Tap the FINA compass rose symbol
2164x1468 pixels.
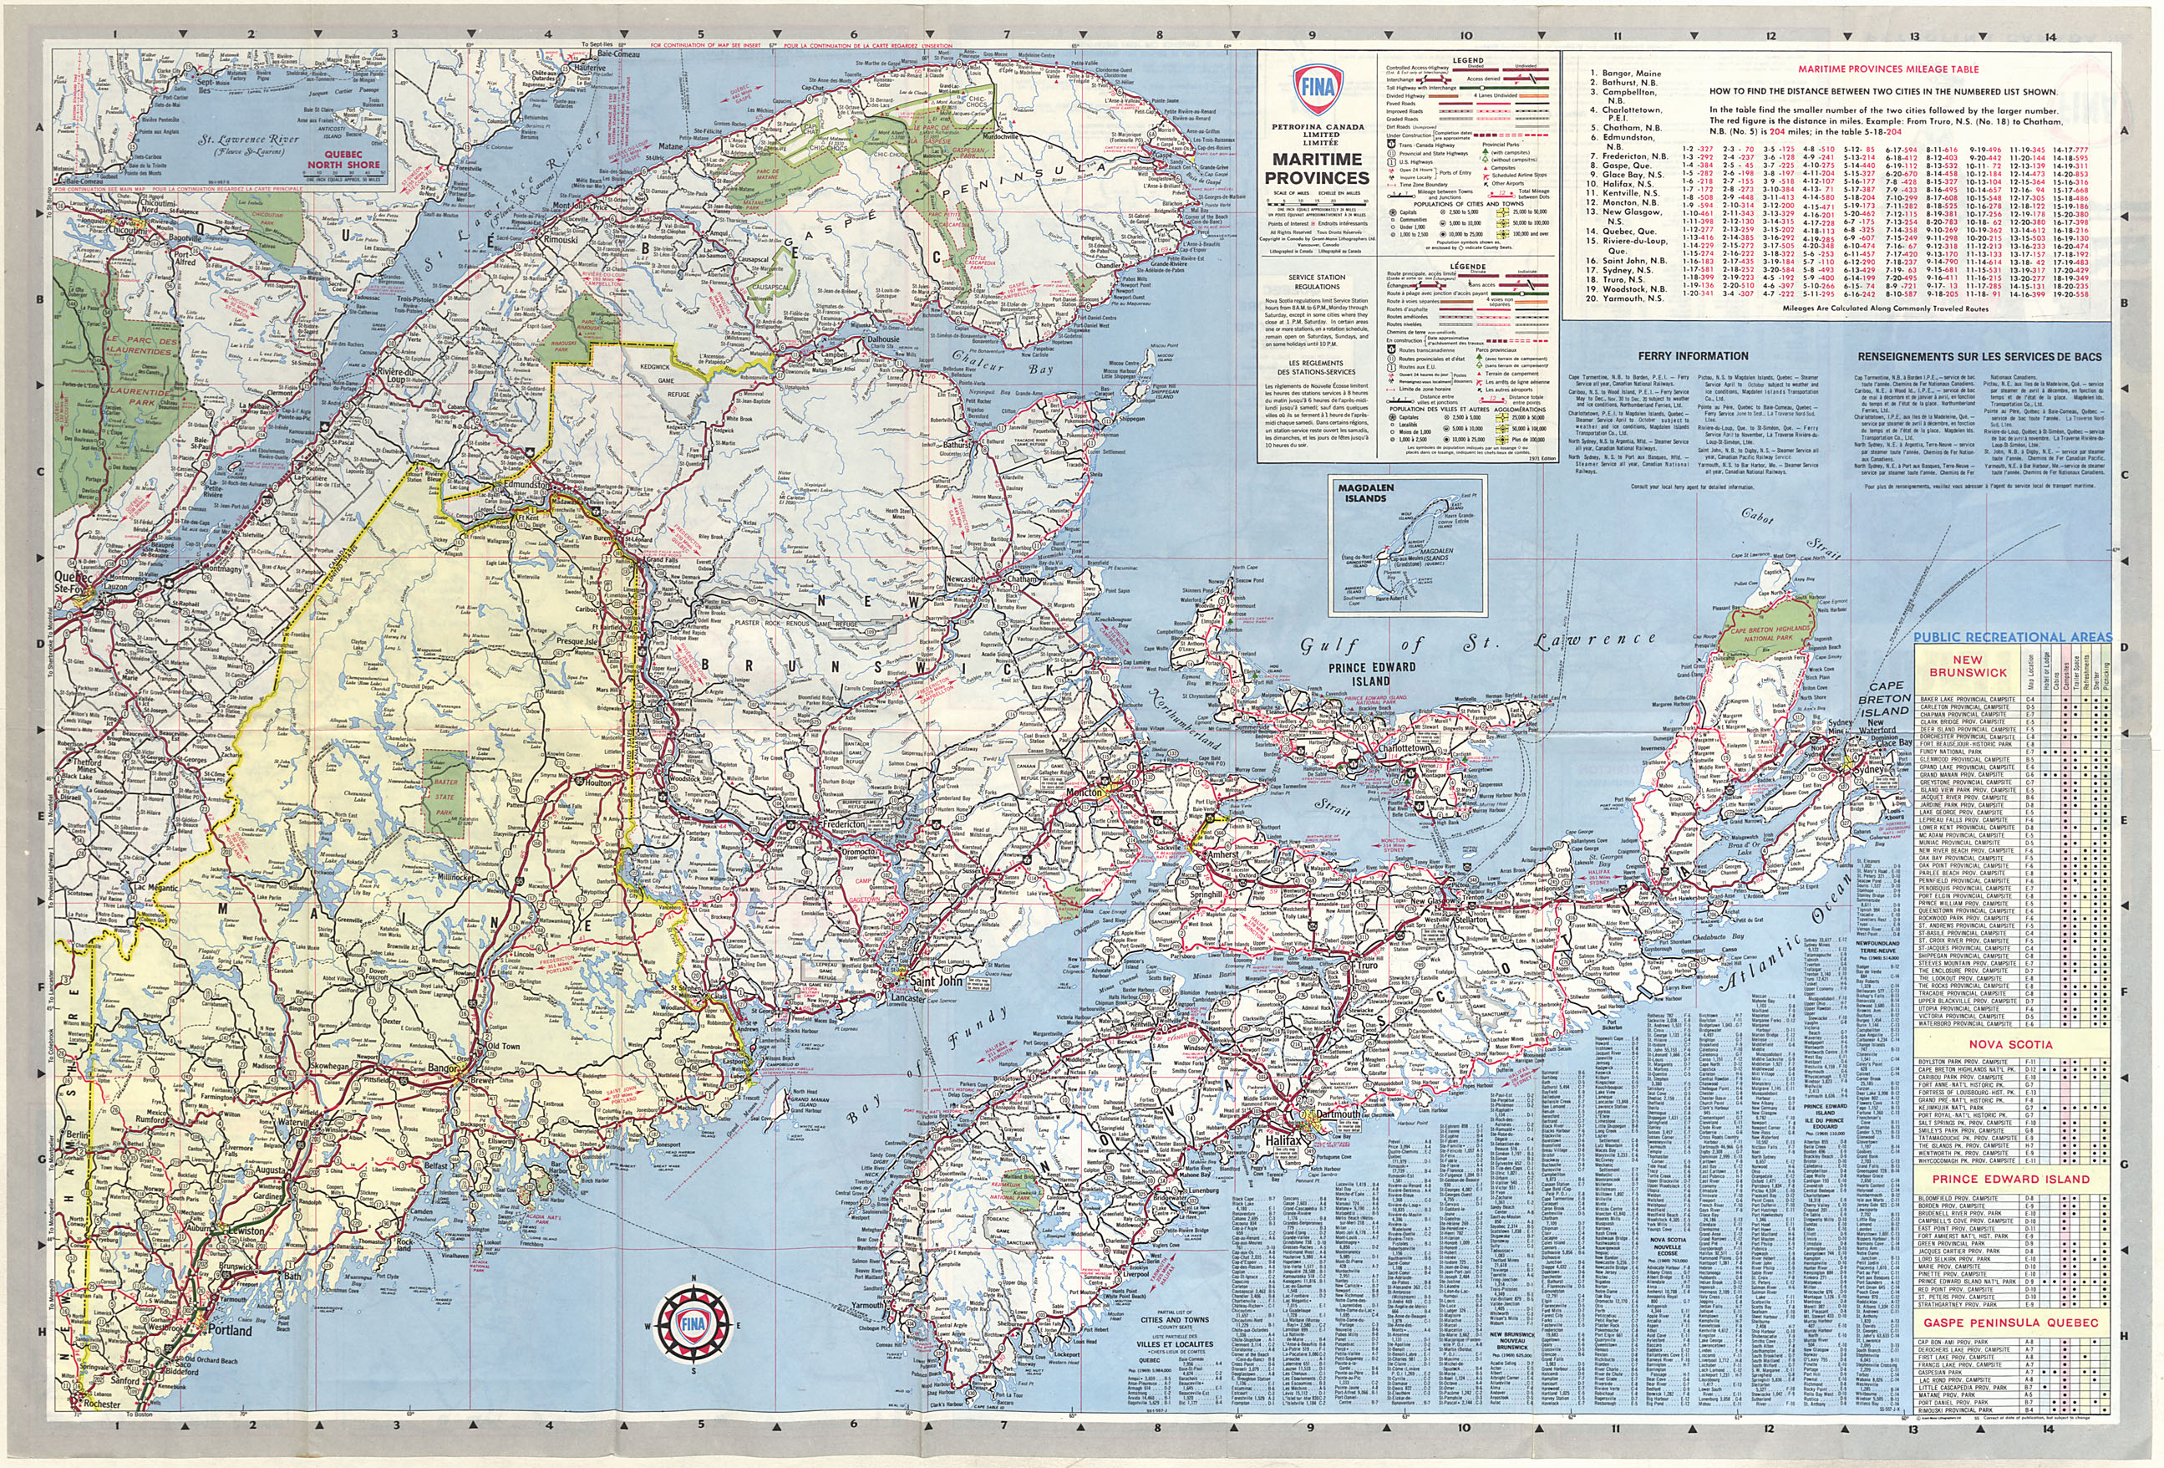690,1323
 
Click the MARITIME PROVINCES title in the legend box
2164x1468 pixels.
1317,169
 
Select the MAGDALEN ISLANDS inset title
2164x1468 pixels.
1361,492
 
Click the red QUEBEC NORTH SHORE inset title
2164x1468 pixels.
344,161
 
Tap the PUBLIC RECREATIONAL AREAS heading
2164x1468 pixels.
2012,637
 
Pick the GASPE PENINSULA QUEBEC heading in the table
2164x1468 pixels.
2010,1322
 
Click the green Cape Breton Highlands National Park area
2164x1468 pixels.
1760,635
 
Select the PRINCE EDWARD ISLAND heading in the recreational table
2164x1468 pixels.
2010,1178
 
